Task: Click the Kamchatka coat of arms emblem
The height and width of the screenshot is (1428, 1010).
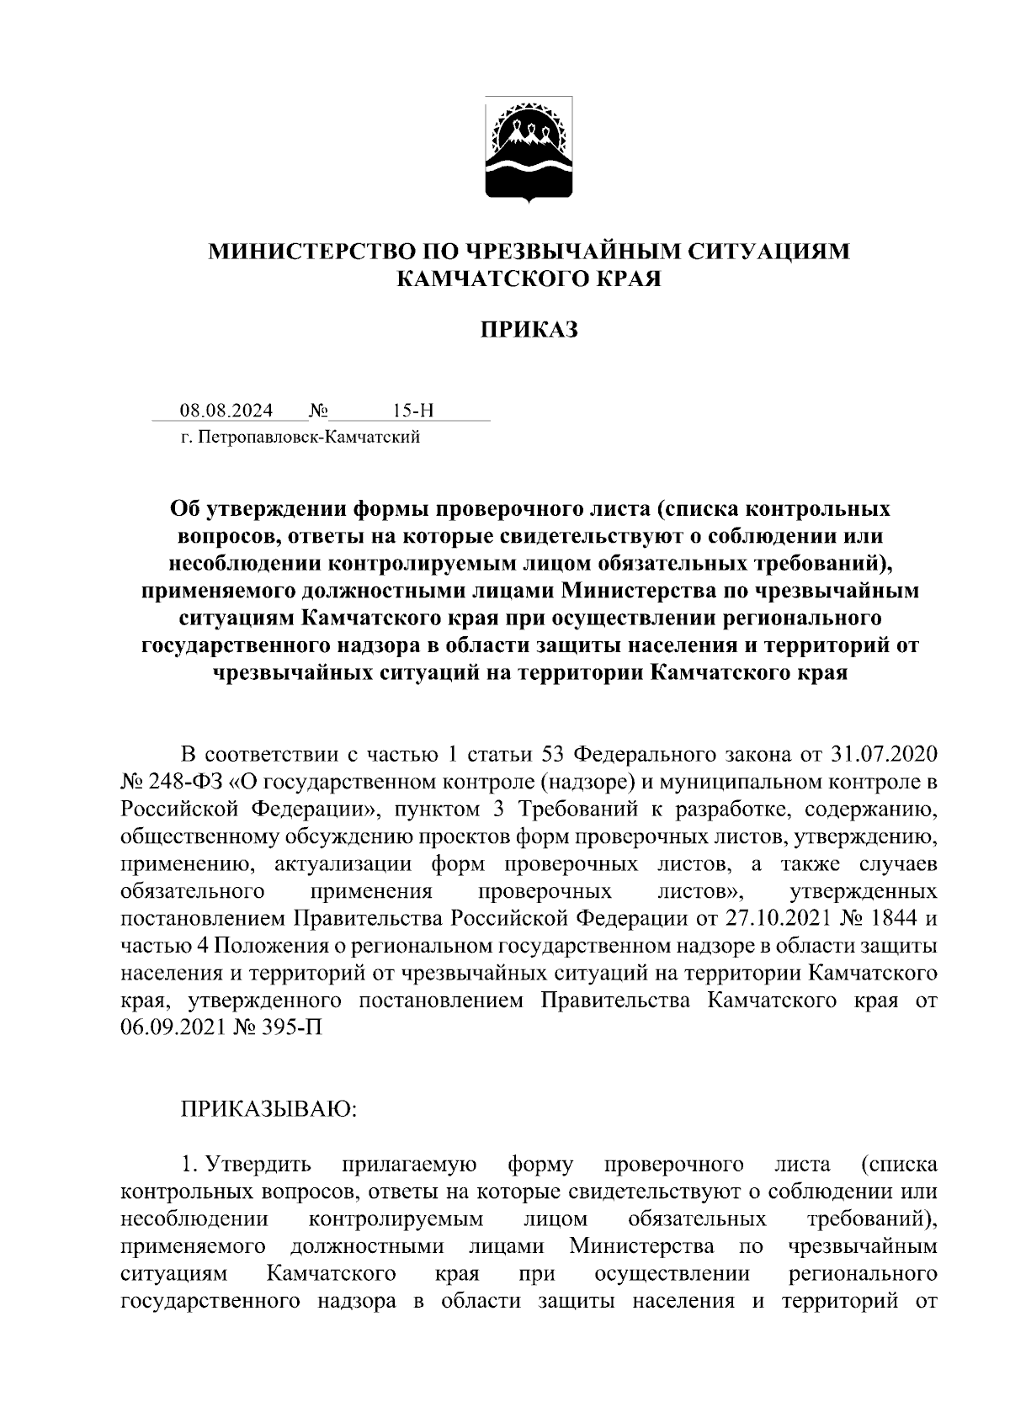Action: tap(529, 150)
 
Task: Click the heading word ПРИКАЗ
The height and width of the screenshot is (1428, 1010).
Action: tap(529, 330)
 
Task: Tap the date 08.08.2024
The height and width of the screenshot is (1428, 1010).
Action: tap(226, 411)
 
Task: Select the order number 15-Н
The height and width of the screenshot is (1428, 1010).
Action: tap(412, 411)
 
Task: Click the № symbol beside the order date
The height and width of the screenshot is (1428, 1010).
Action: tap(318, 411)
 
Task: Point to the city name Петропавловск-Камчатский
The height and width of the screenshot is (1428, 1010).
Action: tap(308, 437)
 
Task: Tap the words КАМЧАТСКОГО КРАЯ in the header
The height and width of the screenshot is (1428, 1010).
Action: tap(529, 279)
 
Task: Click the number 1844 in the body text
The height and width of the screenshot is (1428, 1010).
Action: tap(893, 917)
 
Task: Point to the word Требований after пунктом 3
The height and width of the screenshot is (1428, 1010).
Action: tap(569, 809)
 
